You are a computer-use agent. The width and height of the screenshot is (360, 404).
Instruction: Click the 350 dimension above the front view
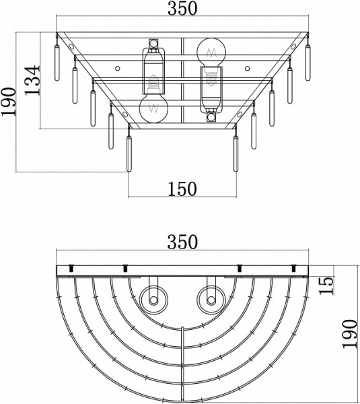(182, 8)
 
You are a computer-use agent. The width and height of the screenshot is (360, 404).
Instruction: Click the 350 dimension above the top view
(182, 242)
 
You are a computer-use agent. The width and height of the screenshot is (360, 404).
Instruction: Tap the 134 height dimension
(33, 80)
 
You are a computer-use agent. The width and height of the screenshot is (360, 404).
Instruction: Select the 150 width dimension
(182, 189)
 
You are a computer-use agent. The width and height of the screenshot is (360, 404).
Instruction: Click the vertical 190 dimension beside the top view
(350, 334)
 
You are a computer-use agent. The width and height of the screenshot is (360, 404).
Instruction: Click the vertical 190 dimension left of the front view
(9, 102)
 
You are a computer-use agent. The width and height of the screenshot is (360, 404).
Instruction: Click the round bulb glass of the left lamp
(153, 108)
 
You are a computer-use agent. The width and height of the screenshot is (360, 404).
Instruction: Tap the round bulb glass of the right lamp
(211, 53)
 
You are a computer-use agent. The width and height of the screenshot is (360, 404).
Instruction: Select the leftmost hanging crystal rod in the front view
(57, 63)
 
